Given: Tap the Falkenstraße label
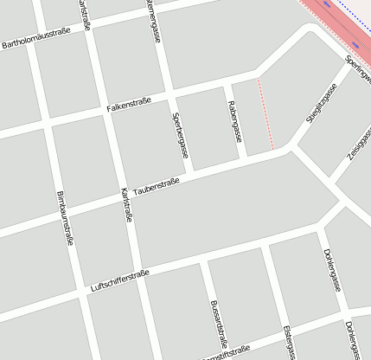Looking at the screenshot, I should [129, 105].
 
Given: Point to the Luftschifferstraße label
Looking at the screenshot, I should [119, 281].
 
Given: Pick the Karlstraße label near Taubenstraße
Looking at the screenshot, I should [126, 205].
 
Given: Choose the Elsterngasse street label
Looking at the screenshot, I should [289, 343].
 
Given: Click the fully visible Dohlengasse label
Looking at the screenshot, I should [332, 269].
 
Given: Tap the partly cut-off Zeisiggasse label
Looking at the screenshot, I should [359, 144].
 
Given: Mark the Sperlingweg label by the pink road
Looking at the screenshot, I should [356, 69].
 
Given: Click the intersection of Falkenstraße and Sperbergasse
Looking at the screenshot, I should [170, 93].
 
